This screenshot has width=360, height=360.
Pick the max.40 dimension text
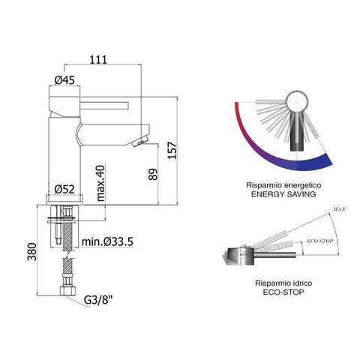(x=100, y=186)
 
